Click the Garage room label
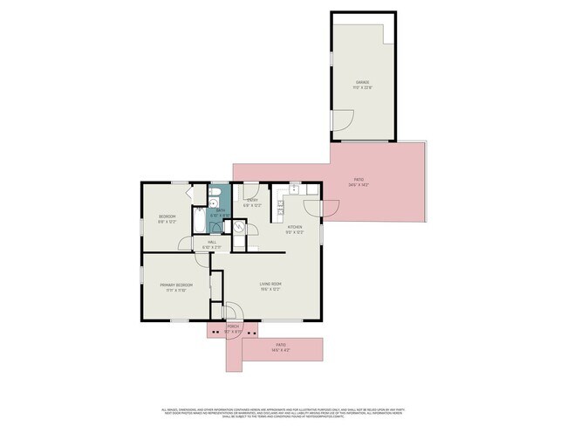363,84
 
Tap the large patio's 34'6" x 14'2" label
359,182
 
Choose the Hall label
212,245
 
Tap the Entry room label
252,203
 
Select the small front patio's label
281,347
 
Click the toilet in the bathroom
215,193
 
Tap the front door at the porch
232,312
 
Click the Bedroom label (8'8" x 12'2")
167,218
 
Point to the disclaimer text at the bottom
283,411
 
